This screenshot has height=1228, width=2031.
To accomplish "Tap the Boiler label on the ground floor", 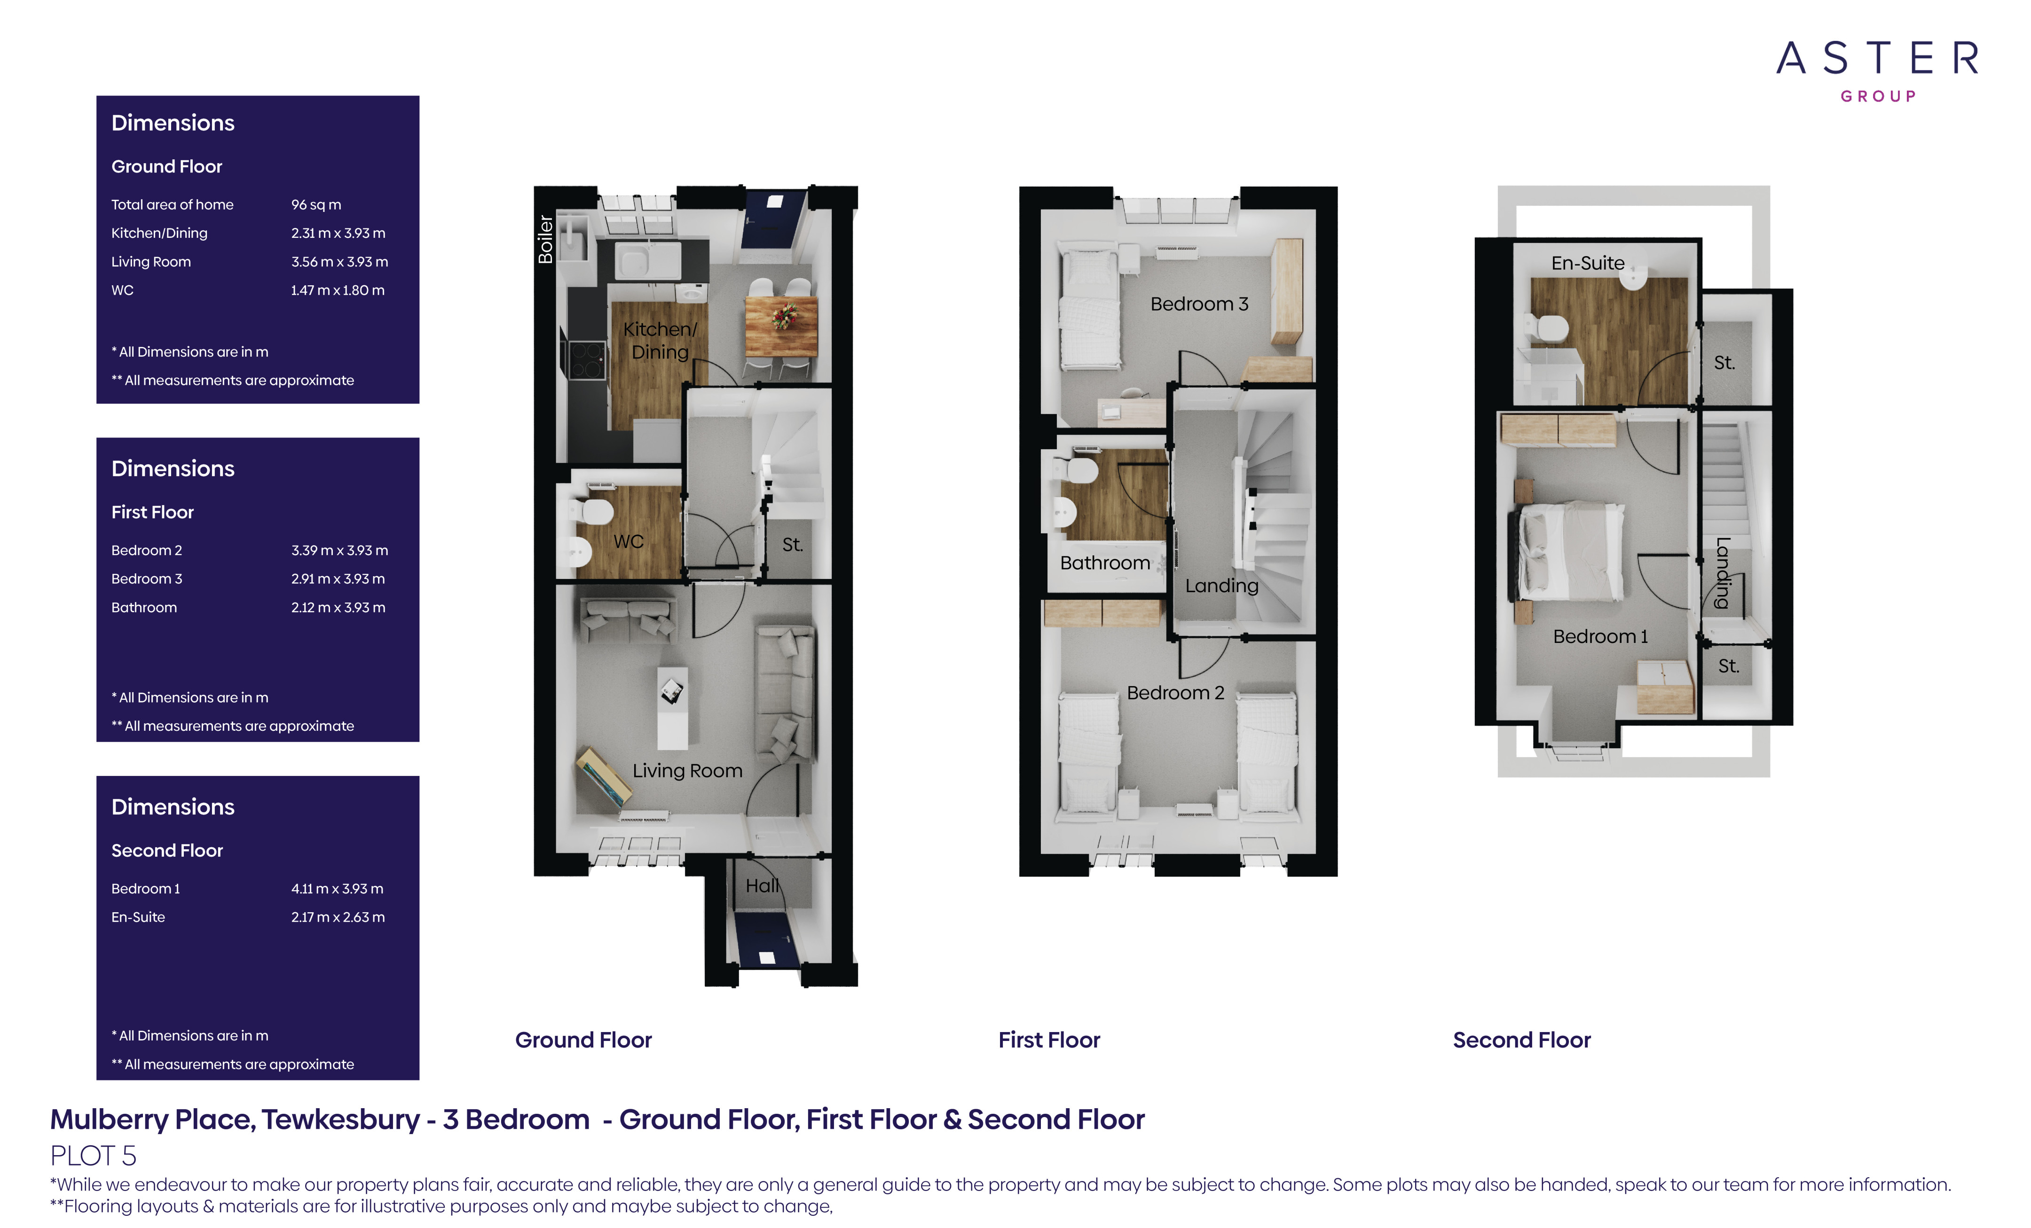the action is (x=545, y=239).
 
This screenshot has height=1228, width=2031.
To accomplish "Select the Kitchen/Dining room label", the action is (x=660, y=340).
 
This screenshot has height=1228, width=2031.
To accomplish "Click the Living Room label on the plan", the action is (x=687, y=771).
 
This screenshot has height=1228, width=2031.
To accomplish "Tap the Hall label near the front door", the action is (x=762, y=886).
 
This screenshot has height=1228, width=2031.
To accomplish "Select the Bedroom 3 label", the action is (x=1199, y=304).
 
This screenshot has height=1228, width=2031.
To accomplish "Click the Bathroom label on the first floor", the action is (x=1104, y=563).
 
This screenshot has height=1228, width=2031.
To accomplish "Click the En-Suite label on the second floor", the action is (x=1588, y=263).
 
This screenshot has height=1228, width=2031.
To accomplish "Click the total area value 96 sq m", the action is (x=315, y=204).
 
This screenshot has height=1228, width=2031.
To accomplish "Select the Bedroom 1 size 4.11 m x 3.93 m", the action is (x=337, y=888).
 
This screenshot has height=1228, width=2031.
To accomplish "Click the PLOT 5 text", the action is (x=93, y=1156).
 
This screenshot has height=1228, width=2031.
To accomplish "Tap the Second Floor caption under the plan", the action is (x=1521, y=1040).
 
